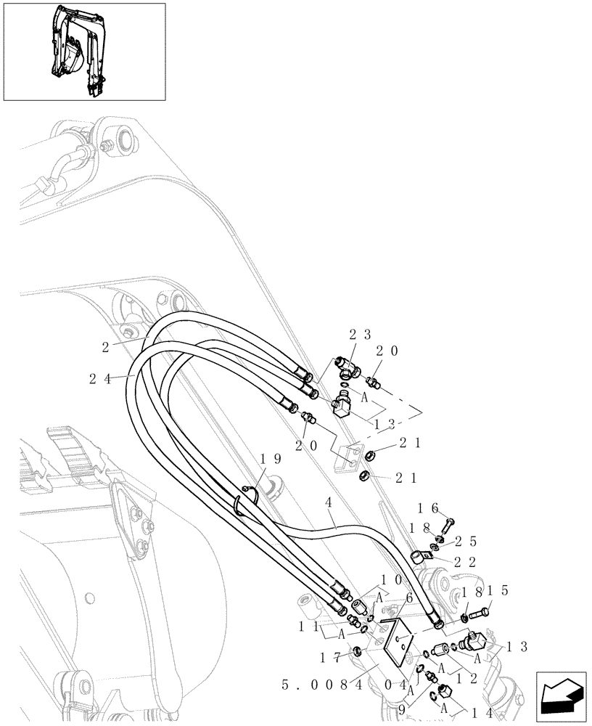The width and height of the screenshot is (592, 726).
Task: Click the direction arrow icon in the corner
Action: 562,696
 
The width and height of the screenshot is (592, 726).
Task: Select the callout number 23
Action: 360,335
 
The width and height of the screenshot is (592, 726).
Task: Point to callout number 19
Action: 270,459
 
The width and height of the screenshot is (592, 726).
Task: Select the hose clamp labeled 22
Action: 419,557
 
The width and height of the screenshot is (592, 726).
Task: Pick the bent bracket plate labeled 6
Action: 399,638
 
